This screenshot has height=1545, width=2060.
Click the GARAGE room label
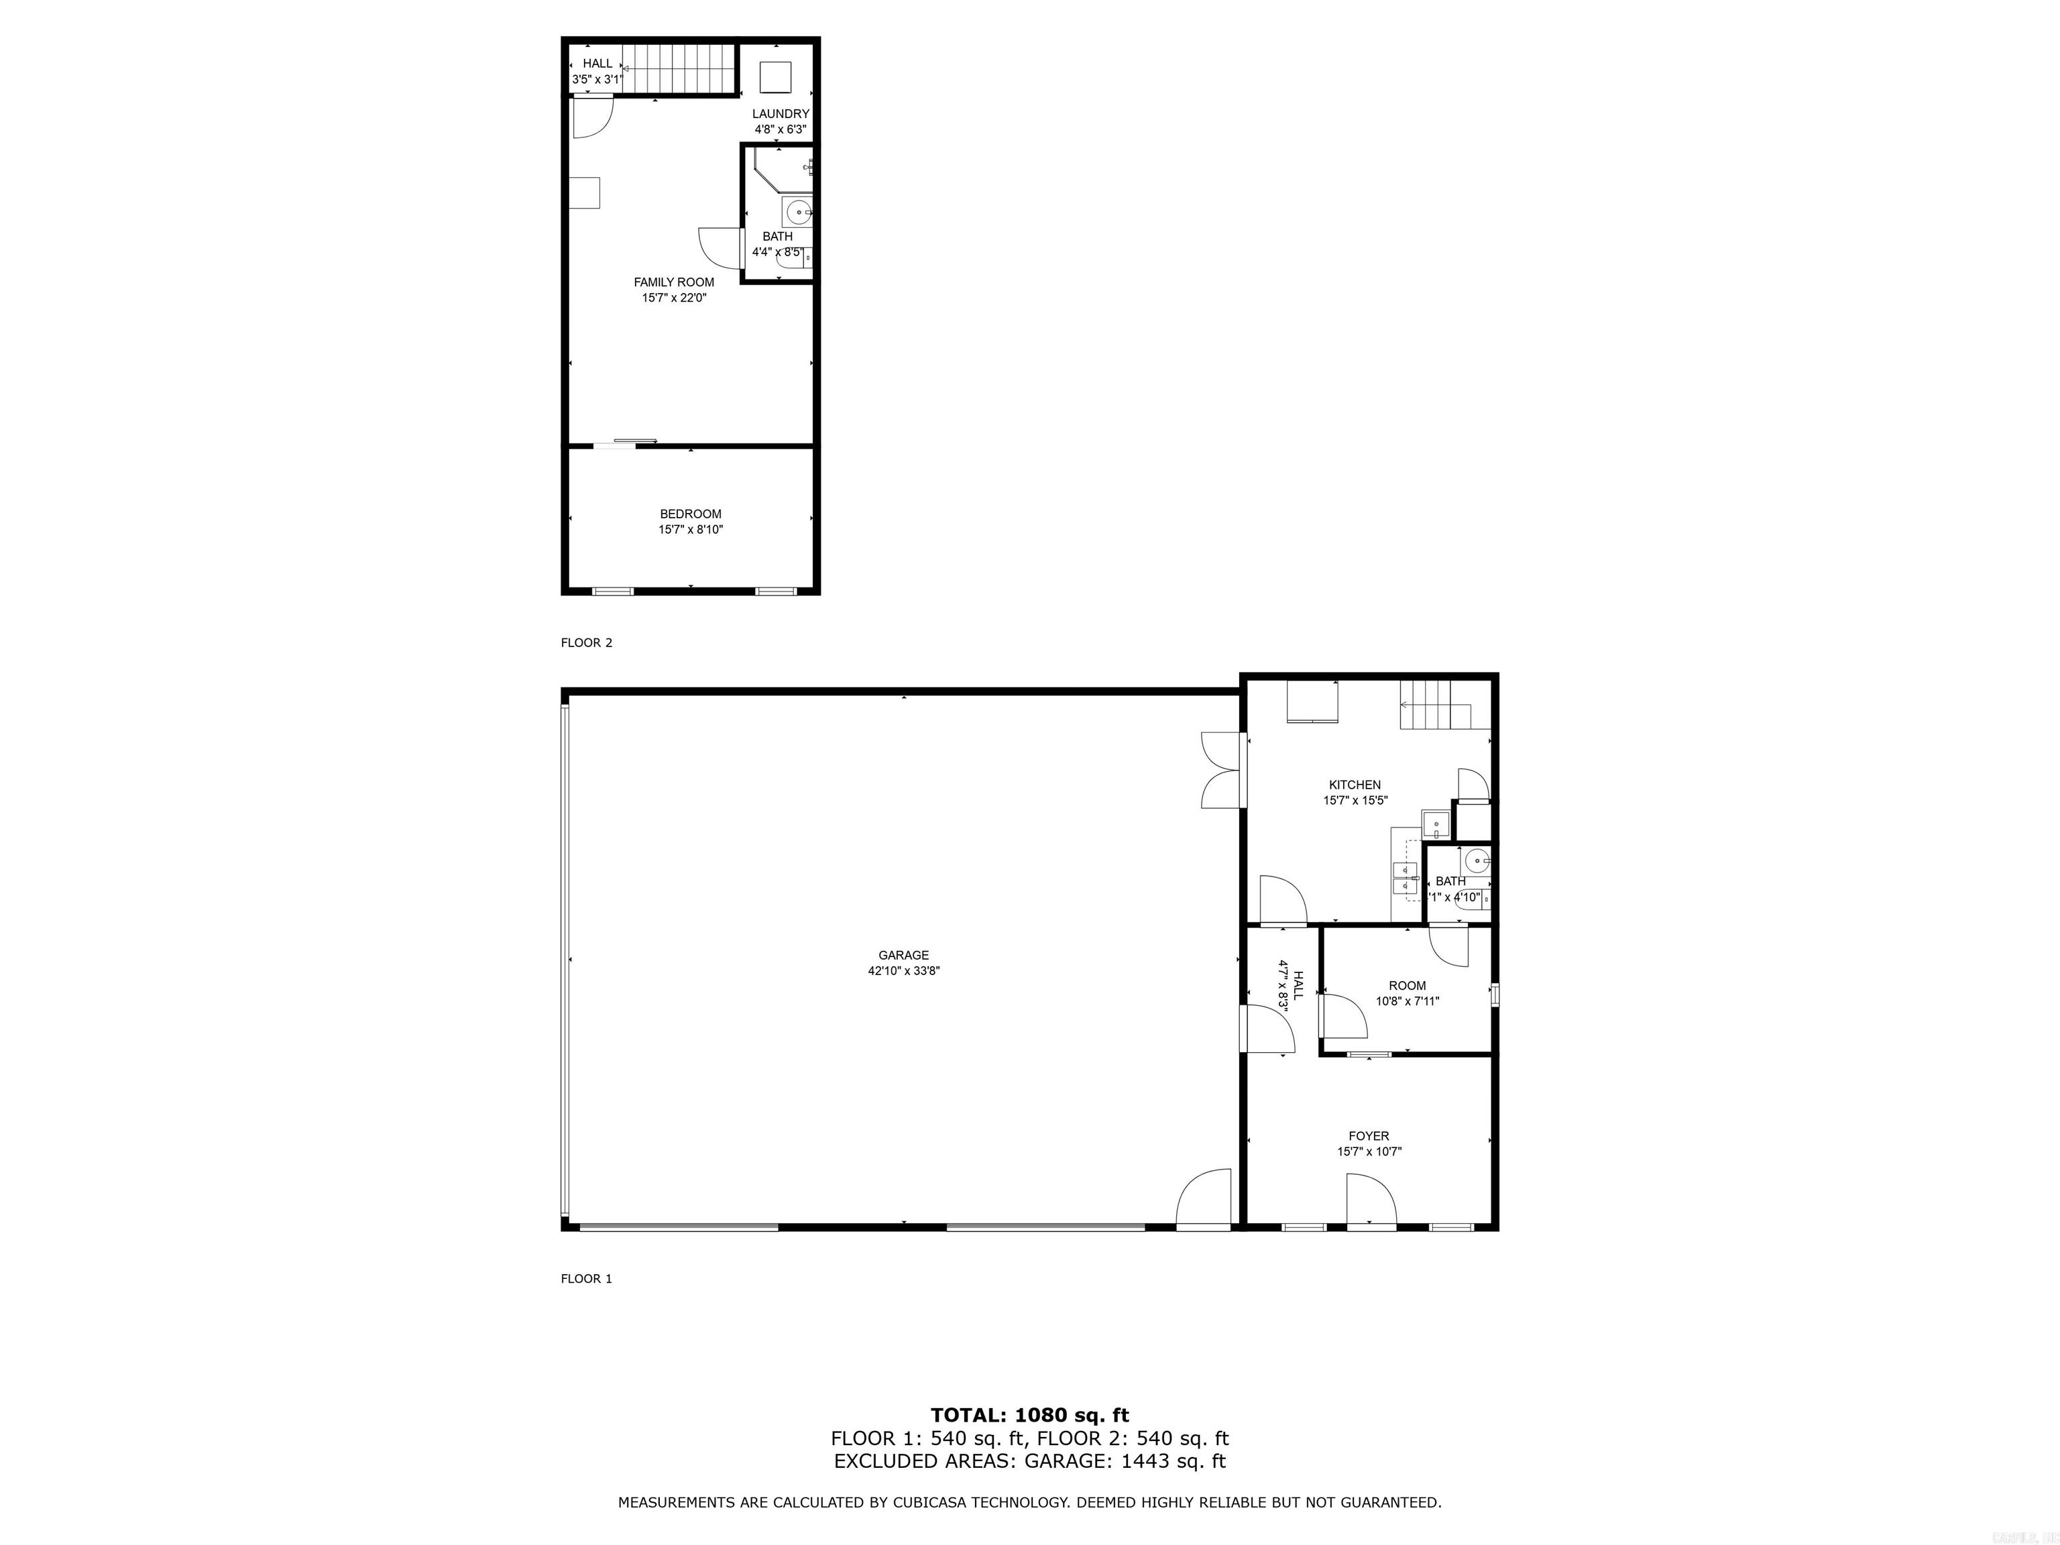coord(903,955)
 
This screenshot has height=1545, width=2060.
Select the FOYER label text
coord(1368,1135)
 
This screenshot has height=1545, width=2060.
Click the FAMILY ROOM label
coord(673,282)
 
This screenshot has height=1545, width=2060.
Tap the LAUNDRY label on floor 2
coord(781,113)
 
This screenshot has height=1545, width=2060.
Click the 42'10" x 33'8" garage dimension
coord(903,970)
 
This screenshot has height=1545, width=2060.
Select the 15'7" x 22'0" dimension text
coord(673,298)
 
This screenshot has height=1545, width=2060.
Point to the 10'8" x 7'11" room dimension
coord(1407,1001)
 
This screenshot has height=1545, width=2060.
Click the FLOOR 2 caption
coord(586,642)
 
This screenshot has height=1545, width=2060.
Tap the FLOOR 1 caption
coord(586,1279)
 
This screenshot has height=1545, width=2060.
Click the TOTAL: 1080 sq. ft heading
coord(1029,1416)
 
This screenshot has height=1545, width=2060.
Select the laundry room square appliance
coord(775,76)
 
